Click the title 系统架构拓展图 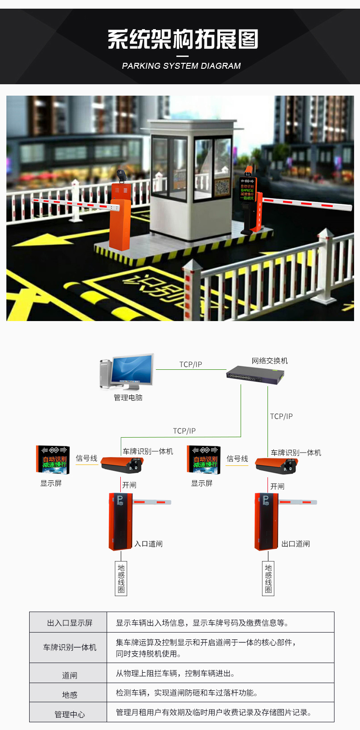pyautogui.click(x=183, y=40)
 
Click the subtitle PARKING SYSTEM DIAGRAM pyautogui.click(x=181, y=66)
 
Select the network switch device pyautogui.click(x=255, y=375)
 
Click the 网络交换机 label pyautogui.click(x=270, y=361)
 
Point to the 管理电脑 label pyautogui.click(x=128, y=398)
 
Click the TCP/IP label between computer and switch pyautogui.click(x=190, y=364)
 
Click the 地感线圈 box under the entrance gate pyautogui.click(x=121, y=578)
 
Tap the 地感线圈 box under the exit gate pyautogui.click(x=268, y=578)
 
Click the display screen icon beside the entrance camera pyautogui.click(x=53, y=459)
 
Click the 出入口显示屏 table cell pyautogui.click(x=69, y=623)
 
